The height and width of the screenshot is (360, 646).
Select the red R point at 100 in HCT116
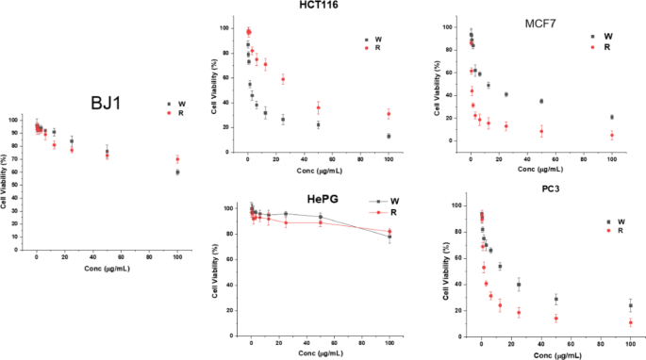(389, 114)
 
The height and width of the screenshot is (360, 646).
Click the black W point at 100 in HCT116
(389, 136)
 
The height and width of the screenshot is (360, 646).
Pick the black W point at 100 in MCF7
(612, 117)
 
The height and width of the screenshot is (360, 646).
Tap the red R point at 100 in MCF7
(612, 135)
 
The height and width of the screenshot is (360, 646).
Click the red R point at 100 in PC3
(630, 322)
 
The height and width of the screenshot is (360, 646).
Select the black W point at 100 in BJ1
(177, 172)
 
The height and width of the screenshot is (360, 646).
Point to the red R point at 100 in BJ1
(177, 159)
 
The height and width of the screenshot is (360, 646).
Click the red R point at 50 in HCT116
(318, 107)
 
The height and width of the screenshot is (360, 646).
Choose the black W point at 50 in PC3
(556, 300)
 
